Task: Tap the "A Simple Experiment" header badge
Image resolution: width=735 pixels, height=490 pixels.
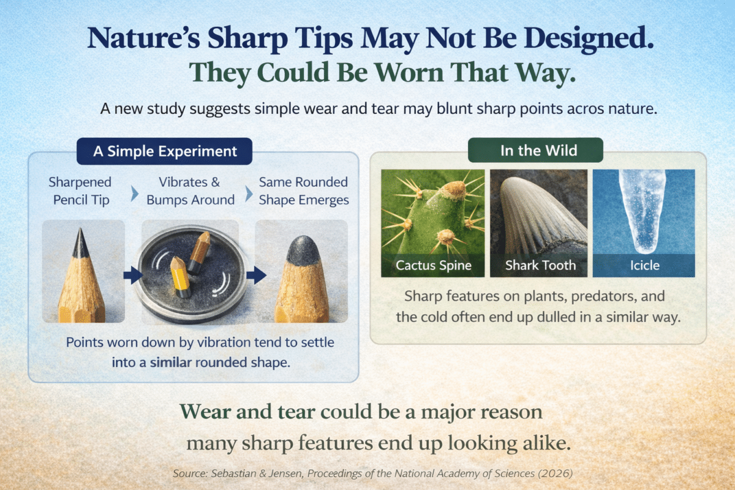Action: click(x=164, y=151)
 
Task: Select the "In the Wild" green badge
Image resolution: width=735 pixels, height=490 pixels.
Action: click(x=535, y=150)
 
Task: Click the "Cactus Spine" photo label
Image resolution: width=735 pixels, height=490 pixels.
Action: click(x=434, y=265)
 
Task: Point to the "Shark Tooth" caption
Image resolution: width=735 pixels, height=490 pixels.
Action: click(x=540, y=265)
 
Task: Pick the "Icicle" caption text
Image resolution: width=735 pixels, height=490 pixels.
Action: click(x=645, y=265)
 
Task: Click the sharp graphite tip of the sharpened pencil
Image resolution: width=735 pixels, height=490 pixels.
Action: click(x=80, y=230)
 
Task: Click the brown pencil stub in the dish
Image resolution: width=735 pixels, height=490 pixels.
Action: click(x=199, y=252)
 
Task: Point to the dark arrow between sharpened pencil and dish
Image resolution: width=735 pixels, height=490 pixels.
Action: click(x=132, y=275)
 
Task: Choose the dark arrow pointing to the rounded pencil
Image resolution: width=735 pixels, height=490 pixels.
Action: click(x=256, y=275)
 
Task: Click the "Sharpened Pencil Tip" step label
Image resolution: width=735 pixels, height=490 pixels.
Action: click(x=80, y=190)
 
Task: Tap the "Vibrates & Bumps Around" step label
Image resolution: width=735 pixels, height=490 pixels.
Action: click(x=190, y=190)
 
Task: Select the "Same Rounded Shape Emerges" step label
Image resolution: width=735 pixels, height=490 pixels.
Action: click(x=304, y=190)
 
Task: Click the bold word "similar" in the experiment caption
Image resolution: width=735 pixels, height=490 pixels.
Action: click(x=171, y=363)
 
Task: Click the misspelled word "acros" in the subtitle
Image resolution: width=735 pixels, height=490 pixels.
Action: click(x=585, y=109)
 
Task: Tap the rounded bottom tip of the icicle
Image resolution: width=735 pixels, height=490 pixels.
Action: click(x=645, y=250)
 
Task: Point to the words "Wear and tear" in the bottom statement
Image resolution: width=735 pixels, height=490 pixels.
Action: click(x=247, y=412)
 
